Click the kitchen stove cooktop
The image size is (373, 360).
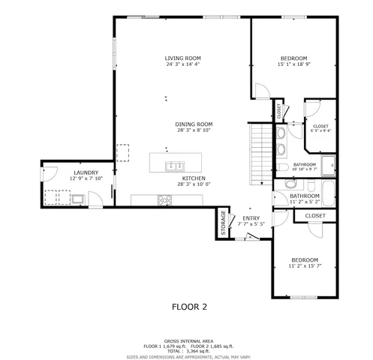[164, 199]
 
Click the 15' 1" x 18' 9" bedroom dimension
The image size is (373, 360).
[293, 65]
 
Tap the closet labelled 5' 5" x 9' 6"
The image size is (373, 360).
[320, 128]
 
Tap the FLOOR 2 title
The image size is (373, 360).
[189, 306]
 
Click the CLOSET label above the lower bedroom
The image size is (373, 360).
[315, 216]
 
